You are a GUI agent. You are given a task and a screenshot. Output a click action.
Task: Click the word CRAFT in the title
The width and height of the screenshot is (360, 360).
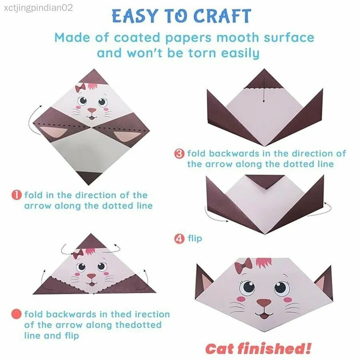222,16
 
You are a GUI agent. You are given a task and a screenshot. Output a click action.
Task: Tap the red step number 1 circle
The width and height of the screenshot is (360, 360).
16,195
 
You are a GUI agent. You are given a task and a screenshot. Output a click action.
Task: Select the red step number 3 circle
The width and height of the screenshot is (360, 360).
179,153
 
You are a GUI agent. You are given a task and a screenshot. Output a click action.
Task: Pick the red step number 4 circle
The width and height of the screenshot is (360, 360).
179,239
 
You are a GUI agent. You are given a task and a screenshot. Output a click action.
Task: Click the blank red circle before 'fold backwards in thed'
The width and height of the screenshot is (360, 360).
16,314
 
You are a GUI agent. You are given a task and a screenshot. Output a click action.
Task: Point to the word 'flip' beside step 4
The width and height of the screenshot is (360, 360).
195,238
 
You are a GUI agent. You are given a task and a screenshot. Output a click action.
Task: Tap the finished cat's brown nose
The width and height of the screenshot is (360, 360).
264,303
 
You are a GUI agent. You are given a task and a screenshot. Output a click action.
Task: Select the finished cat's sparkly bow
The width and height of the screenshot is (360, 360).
244,266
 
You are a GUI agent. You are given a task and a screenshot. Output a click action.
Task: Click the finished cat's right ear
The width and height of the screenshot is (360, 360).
324,283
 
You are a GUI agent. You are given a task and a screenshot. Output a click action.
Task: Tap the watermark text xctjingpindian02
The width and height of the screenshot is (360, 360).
38,8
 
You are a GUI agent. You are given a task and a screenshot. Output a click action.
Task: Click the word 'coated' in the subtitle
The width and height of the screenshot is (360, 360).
137,38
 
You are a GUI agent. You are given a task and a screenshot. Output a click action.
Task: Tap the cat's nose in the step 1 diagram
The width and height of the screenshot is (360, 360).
92,111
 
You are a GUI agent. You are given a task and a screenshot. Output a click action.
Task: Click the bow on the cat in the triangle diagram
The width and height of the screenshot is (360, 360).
78,254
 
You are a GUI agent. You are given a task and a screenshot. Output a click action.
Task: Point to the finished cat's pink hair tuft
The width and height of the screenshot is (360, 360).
264,263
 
